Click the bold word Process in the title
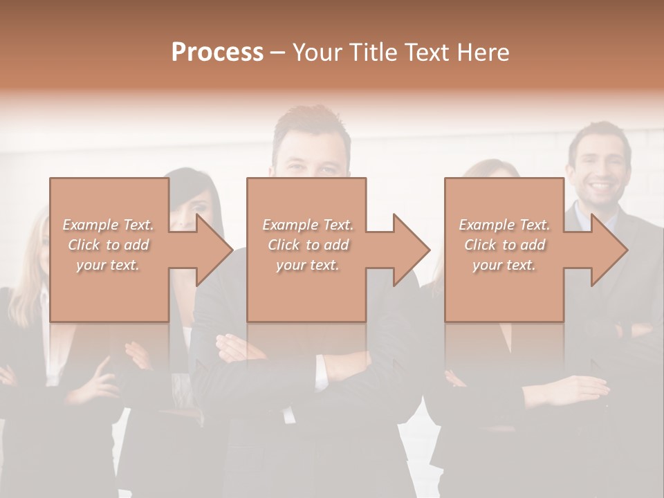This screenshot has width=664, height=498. pos(217,53)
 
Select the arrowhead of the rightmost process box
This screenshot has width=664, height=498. pos(608,250)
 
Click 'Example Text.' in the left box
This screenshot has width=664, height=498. pos(109,225)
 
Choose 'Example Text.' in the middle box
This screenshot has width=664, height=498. pos(308,225)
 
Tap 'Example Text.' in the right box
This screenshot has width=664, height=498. pos(504,225)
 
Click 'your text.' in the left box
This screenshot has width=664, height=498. pos(108,264)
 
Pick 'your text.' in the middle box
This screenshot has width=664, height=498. pos(307,264)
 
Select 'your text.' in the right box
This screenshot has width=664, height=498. pos(504,264)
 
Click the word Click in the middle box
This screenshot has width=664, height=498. pos(284,245)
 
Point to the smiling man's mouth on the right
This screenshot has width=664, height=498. pos(599,187)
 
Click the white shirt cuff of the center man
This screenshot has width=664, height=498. pos(321,373)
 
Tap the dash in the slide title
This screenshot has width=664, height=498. pos(277,53)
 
